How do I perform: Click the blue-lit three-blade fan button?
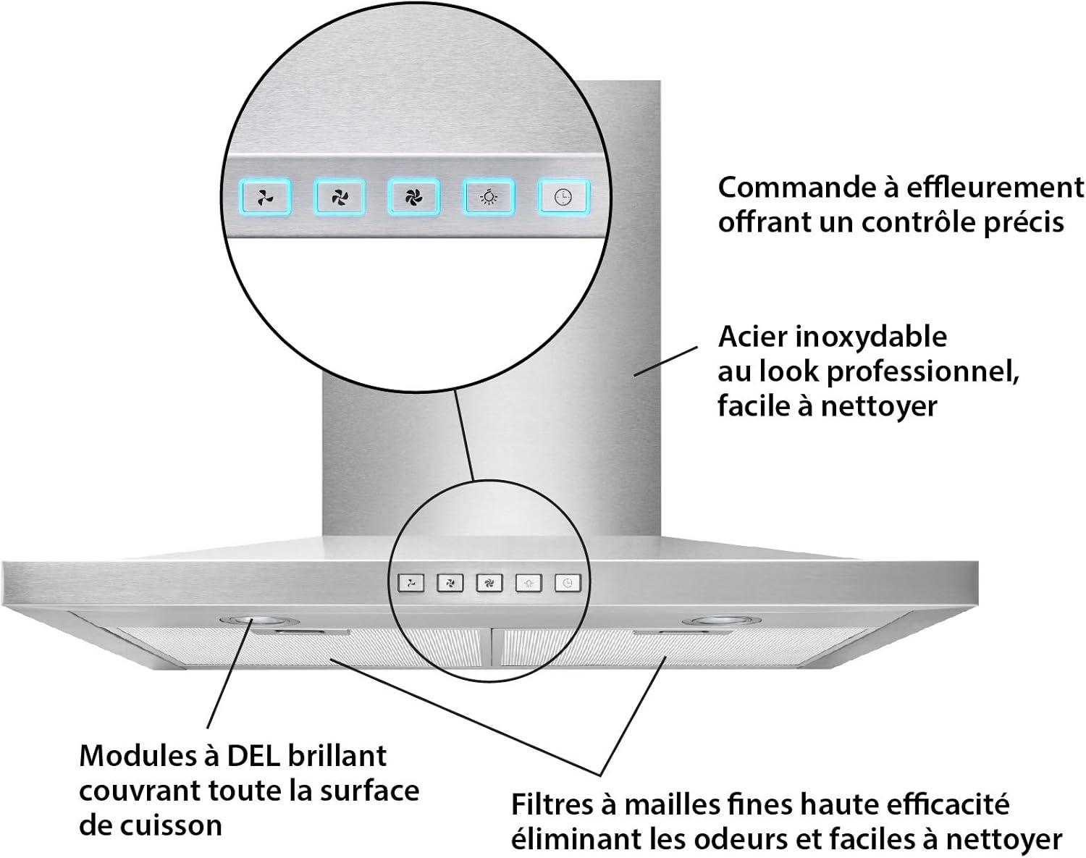coord(266,196)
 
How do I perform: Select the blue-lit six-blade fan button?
coord(413,196)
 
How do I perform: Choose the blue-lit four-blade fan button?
coord(340,196)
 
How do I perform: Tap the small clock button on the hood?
coord(568,583)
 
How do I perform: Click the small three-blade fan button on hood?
coord(411,583)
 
